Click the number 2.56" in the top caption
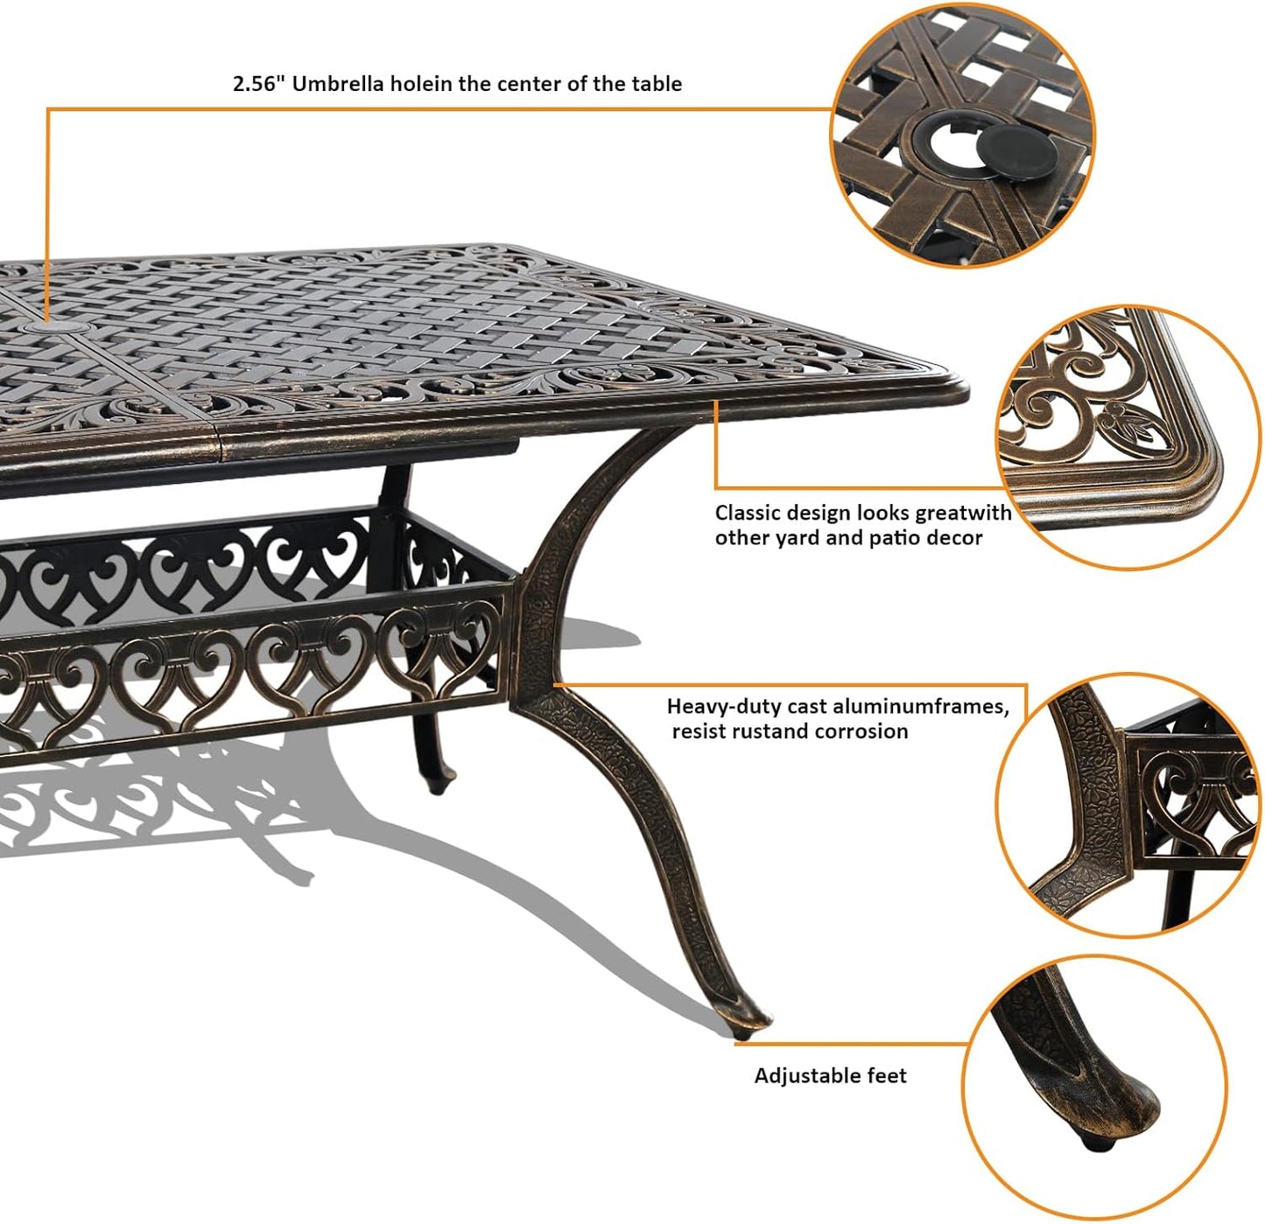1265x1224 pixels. coord(258,84)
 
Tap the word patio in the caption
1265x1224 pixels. coord(895,538)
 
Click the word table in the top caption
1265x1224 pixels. coord(658,84)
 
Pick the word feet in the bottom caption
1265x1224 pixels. coord(887,1075)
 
